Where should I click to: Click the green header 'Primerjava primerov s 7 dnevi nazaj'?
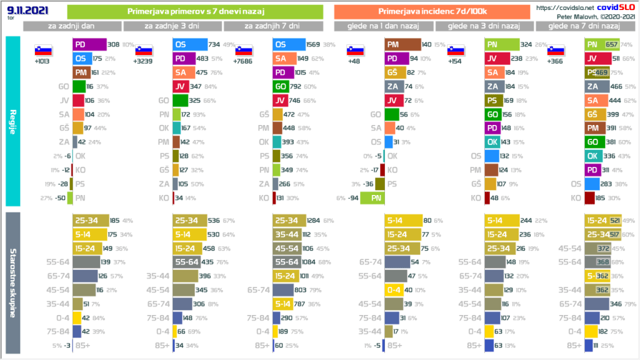click(x=194, y=11)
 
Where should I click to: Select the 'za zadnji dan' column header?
click(x=72, y=26)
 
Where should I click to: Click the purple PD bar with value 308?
click(x=89, y=45)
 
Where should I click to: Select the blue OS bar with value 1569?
click(x=289, y=45)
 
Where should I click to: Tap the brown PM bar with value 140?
click(x=402, y=45)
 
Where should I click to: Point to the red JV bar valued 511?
click(x=597, y=59)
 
